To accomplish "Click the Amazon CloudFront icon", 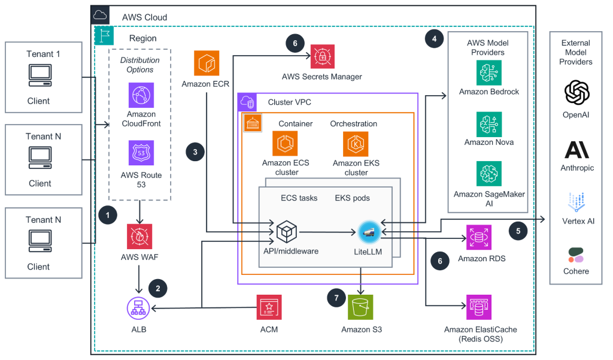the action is (x=141, y=95).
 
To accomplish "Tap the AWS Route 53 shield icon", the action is (x=141, y=153).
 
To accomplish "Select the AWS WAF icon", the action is (x=139, y=237).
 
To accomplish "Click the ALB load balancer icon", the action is (x=138, y=308).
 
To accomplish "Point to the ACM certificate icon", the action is (x=269, y=307).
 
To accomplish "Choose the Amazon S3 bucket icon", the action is (x=360, y=307).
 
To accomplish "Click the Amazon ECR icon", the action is (x=207, y=63).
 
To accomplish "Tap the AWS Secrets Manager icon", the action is (x=323, y=57).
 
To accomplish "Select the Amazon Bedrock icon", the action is (x=488, y=73).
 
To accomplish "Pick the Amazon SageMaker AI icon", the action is (x=488, y=174).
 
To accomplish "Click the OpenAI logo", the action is (x=576, y=93).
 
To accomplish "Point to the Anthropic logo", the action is (x=576, y=150).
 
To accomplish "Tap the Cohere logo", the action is (x=576, y=255).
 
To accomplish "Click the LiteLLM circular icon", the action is (x=369, y=232).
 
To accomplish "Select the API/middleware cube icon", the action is (x=287, y=232).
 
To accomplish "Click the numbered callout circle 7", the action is (x=336, y=298).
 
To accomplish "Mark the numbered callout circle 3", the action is (x=195, y=152).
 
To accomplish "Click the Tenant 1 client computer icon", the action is (x=40, y=75).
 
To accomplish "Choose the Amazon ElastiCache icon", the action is (x=478, y=307).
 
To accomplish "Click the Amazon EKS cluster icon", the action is (x=356, y=144).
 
